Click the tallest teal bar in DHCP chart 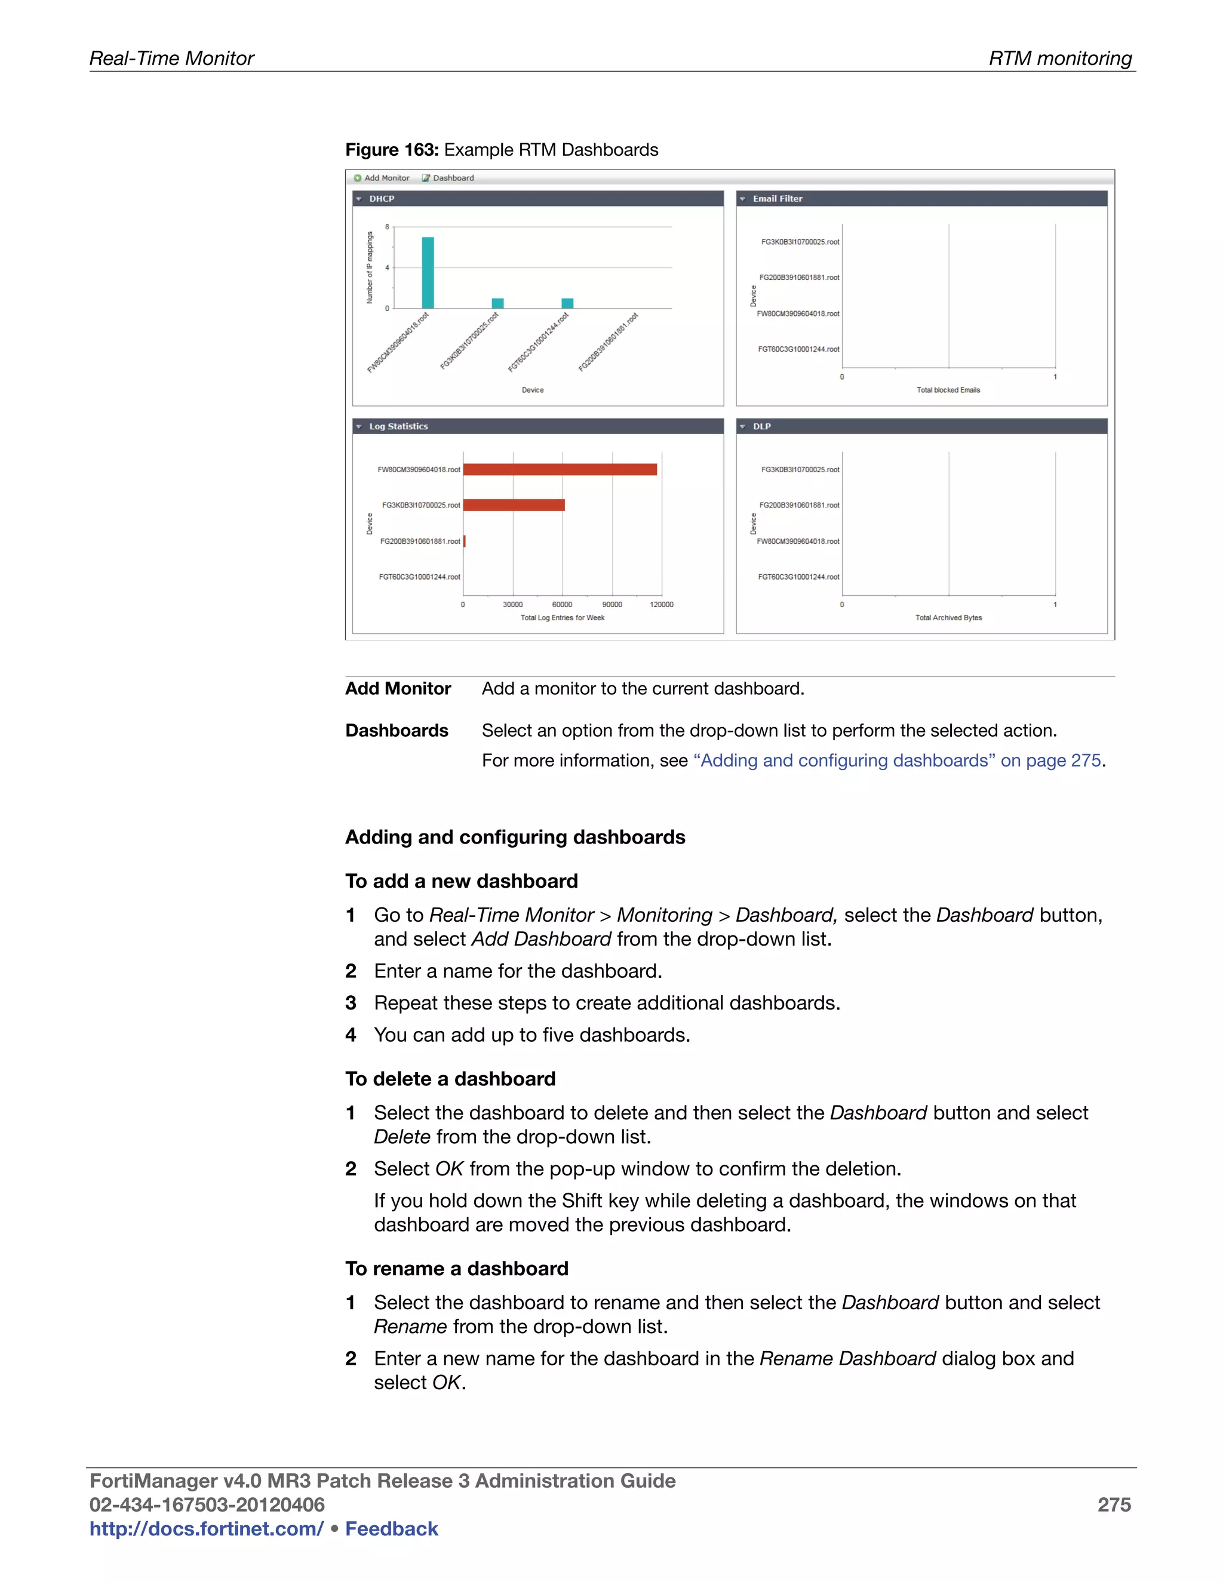pos(428,272)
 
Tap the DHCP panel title pos(382,198)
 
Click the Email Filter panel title pos(778,198)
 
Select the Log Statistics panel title pos(398,427)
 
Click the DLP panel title pos(761,427)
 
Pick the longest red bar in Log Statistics pos(560,469)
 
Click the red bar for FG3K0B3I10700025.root pos(514,505)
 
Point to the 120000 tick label pos(662,604)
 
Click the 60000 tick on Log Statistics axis pos(562,604)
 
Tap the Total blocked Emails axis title pos(948,390)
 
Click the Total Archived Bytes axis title pos(948,618)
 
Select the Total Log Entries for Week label pos(562,618)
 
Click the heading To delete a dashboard pos(450,1079)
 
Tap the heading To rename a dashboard pos(456,1269)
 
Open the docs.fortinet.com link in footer pos(207,1529)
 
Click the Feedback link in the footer pos(391,1529)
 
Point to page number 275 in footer pos(1114,1505)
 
